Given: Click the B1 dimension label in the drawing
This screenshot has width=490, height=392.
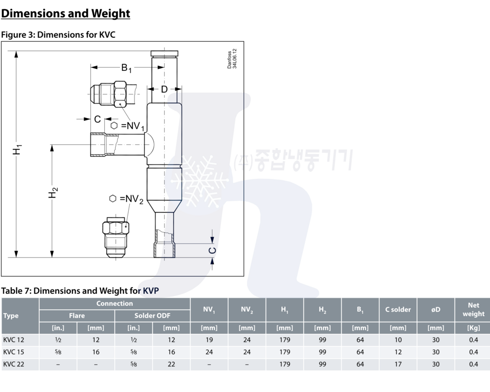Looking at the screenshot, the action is coord(126,68).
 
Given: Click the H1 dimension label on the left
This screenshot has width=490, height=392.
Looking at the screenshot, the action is coord(17,149).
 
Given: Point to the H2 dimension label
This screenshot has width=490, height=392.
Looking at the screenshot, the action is coord(53,193).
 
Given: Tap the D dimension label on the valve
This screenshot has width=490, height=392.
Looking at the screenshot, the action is coord(164,90).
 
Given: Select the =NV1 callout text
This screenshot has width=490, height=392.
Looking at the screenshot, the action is coord(133,126).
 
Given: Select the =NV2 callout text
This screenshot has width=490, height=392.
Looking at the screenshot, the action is coord(132,199).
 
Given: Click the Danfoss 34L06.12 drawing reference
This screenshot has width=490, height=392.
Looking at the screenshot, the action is coord(232,58).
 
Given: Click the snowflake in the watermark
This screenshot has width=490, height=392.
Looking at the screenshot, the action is coord(200,181).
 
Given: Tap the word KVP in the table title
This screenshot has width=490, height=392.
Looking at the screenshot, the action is coord(151,291).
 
